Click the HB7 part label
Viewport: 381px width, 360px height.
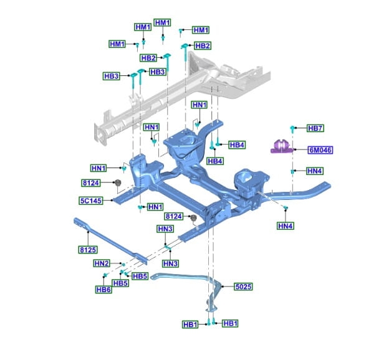316,128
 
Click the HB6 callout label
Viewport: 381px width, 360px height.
104,289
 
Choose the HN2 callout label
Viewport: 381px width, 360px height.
102,263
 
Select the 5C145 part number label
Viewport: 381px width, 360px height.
90,201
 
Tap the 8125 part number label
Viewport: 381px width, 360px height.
88,249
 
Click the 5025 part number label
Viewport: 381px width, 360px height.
243,287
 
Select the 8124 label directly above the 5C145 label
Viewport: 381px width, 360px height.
90,182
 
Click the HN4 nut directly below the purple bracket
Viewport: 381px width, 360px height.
291,170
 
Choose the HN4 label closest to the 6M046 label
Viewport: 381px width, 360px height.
315,171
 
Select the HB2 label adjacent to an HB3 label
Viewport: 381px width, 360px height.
148,58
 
